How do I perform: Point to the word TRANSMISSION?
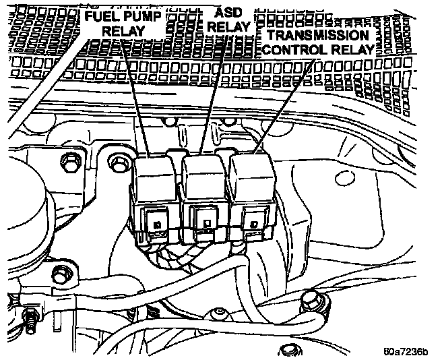(317, 35)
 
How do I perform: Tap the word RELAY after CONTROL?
(352, 50)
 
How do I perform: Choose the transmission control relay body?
(251, 196)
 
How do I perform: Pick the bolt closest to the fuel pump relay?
(121, 162)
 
